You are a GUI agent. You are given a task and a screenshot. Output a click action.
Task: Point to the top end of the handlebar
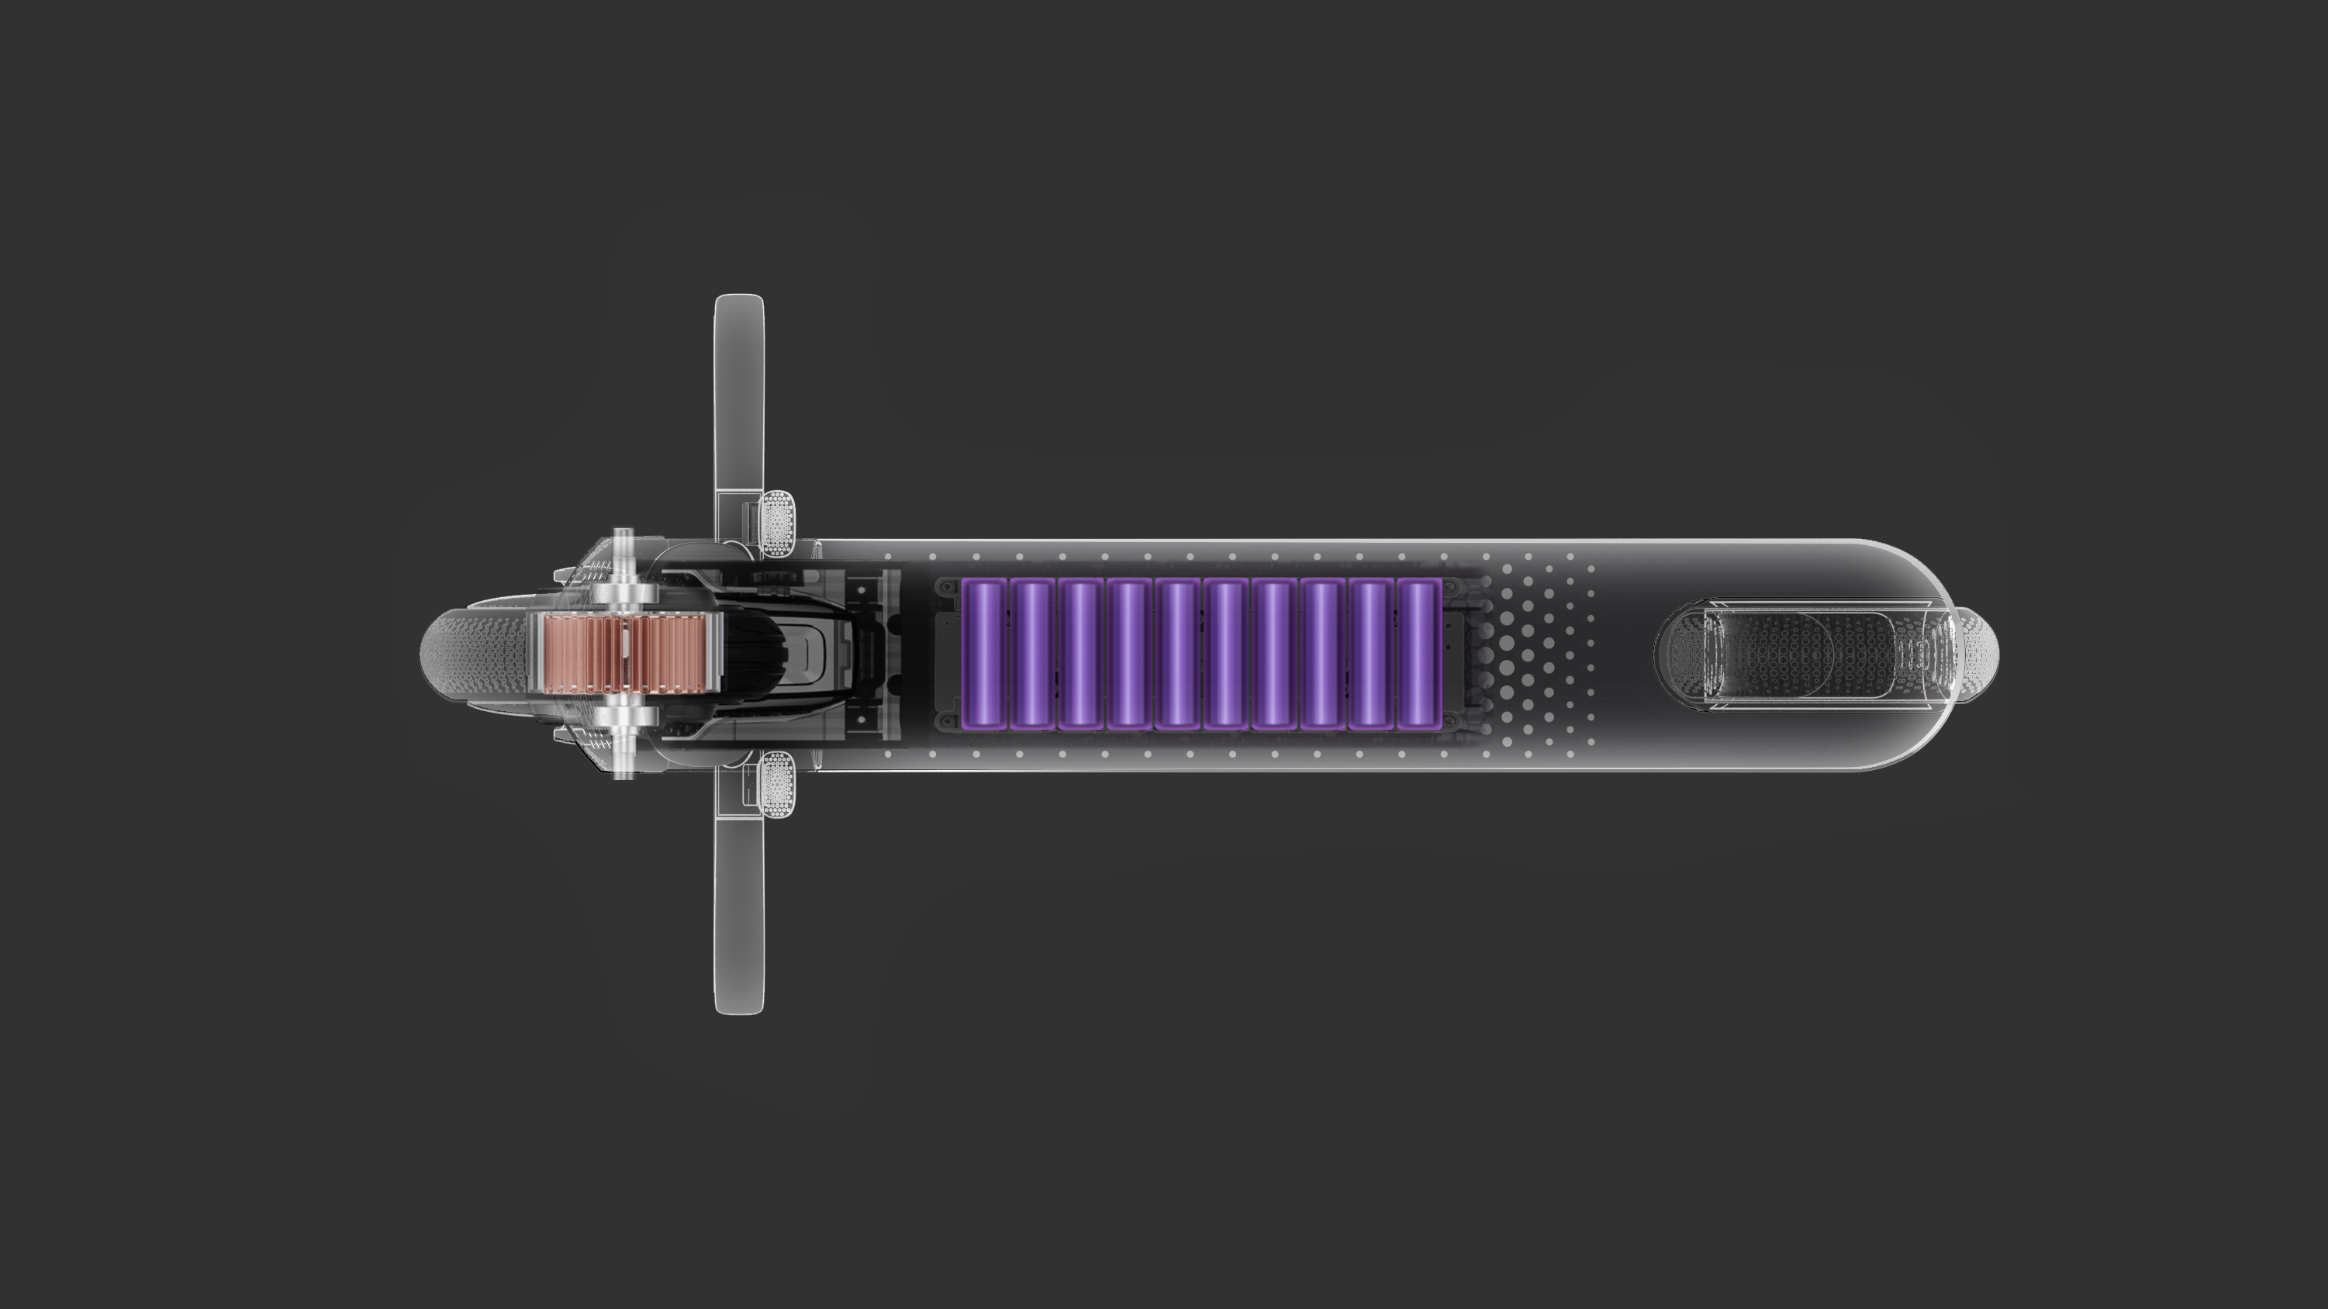click(x=738, y=303)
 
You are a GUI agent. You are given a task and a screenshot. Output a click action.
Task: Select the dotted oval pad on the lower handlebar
click(x=777, y=786)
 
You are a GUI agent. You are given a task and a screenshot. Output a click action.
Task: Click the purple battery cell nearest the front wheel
click(x=983, y=654)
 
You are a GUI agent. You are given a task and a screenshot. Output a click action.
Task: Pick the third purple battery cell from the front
click(x=1080, y=654)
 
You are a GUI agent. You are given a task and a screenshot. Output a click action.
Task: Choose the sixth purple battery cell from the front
click(x=1225, y=654)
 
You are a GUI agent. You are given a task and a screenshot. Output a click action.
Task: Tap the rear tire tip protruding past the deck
click(x=1984, y=654)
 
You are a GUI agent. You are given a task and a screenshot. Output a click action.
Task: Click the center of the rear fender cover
click(x=1798, y=654)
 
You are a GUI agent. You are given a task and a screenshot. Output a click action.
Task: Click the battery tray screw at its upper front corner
click(x=946, y=588)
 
